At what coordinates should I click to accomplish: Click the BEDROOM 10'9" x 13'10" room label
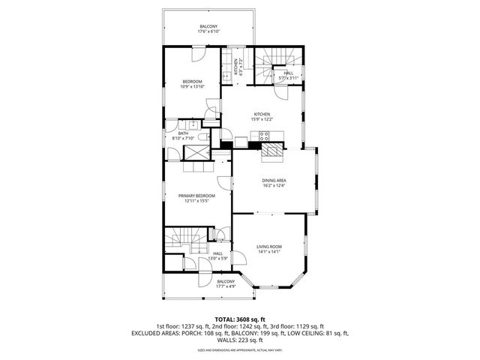pyautogui.click(x=192, y=83)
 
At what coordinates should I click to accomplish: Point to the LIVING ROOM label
pyautogui.click(x=268, y=249)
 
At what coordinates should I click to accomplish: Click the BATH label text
pyautogui.click(x=183, y=136)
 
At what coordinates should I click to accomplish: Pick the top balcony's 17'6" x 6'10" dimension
pyautogui.click(x=209, y=31)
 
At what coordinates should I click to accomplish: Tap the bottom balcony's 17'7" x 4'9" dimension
pyautogui.click(x=226, y=286)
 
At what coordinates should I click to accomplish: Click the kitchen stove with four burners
pyautogui.click(x=265, y=136)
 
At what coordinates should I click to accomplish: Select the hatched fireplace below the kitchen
pyautogui.click(x=271, y=153)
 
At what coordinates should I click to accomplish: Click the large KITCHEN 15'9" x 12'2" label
pyautogui.click(x=261, y=116)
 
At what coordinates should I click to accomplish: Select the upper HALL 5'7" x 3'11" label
pyautogui.click(x=288, y=75)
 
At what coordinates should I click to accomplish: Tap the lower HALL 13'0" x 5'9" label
pyautogui.click(x=217, y=256)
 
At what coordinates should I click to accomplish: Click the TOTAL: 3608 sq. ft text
pyautogui.click(x=239, y=319)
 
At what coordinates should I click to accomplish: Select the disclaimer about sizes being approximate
pyautogui.click(x=240, y=349)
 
